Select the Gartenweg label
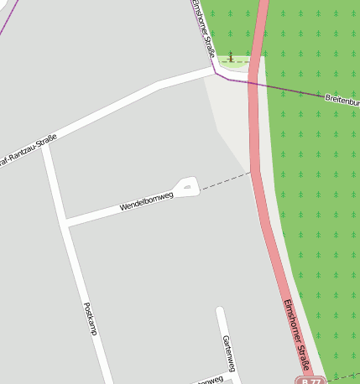(228, 351)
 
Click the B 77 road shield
(310, 381)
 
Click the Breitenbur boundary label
(342, 101)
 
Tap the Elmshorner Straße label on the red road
(297, 335)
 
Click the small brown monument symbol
(232, 57)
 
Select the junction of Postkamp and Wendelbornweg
(65, 223)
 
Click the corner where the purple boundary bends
(217, 74)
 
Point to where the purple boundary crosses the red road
(253, 85)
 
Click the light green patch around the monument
(241, 61)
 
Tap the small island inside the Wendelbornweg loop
(187, 186)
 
